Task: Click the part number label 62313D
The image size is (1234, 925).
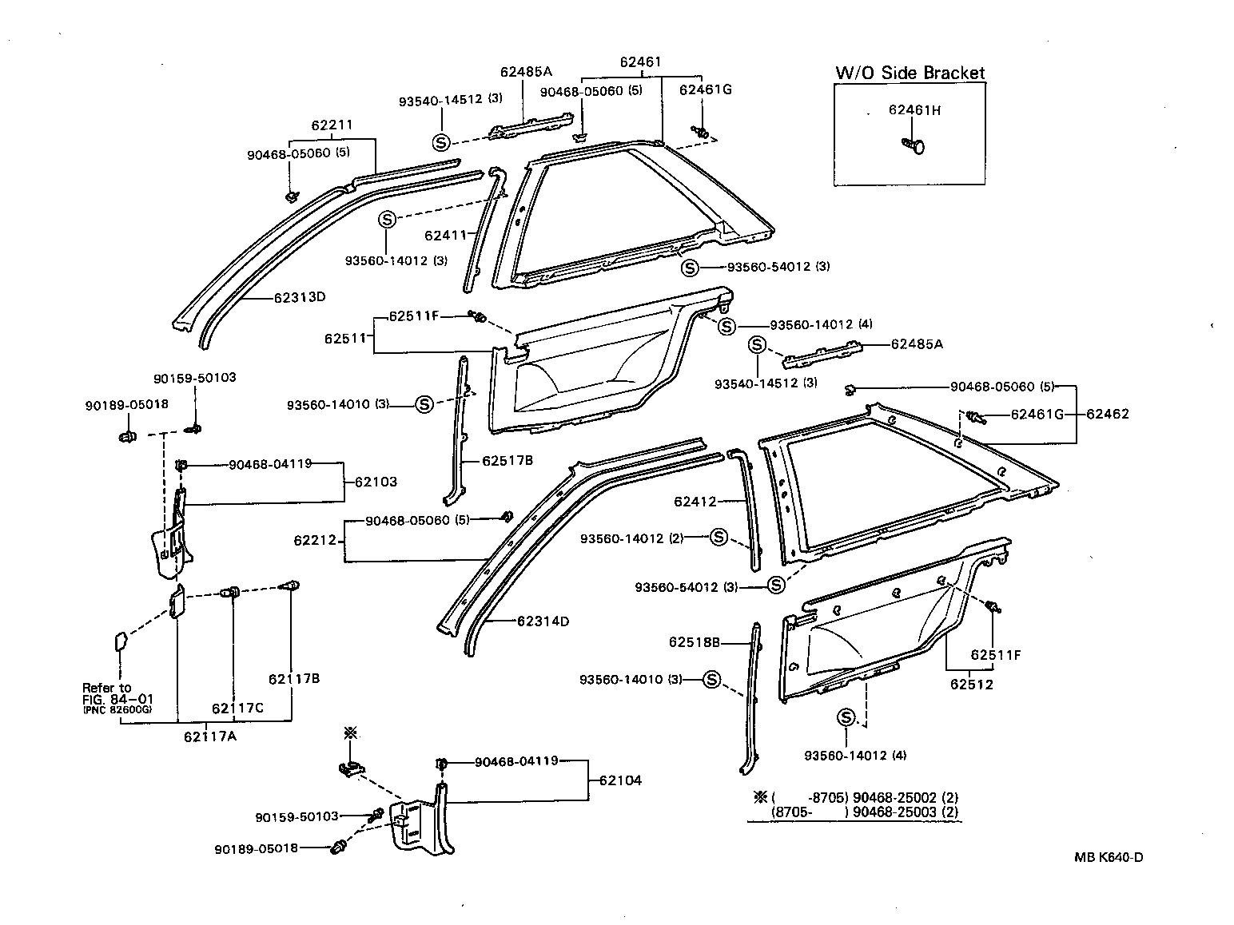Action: pyautogui.click(x=300, y=297)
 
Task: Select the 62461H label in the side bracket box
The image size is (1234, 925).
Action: pyautogui.click(x=914, y=110)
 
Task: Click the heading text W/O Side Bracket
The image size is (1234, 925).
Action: pyautogui.click(x=910, y=73)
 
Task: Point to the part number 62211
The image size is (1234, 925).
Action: pyautogui.click(x=332, y=125)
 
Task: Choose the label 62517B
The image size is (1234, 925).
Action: pyautogui.click(x=508, y=461)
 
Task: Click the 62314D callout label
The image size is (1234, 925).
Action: pyautogui.click(x=543, y=621)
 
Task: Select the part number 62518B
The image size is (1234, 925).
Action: pyautogui.click(x=695, y=641)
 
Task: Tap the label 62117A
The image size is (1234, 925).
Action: pyautogui.click(x=209, y=736)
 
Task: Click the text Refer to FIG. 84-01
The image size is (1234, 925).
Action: pyautogui.click(x=117, y=693)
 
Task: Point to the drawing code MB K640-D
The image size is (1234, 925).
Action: pyautogui.click(x=1109, y=858)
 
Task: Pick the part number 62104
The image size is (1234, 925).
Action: pyautogui.click(x=620, y=780)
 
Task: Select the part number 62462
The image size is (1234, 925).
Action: pyautogui.click(x=1108, y=414)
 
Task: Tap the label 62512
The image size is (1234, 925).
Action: pyautogui.click(x=972, y=685)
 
